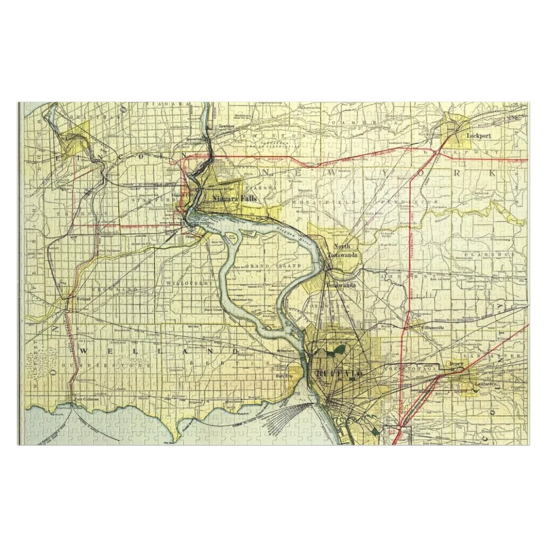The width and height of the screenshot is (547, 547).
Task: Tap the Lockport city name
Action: point(475,134)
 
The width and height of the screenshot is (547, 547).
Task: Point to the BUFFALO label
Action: point(339,373)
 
